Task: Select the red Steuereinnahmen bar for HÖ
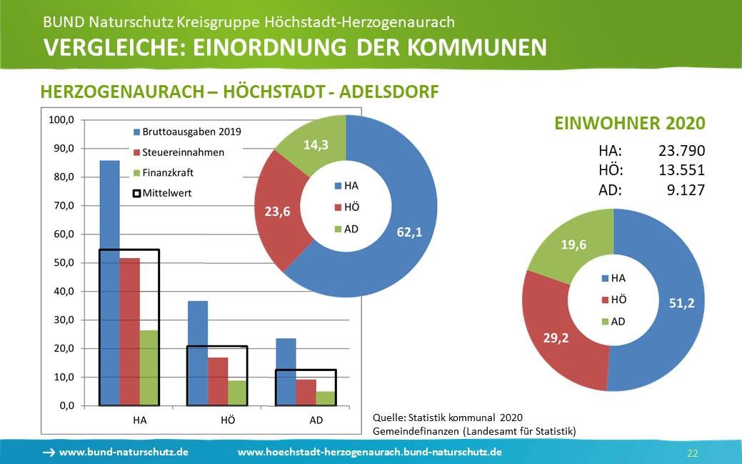pos(218,381)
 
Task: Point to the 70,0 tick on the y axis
pos(61,206)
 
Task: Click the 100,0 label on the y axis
pos(60,120)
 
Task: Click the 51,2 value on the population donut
pos(681,303)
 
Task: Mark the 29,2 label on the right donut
pos(555,337)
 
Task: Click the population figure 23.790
pos(681,151)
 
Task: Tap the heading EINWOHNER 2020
pos(630,123)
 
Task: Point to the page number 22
pos(692,453)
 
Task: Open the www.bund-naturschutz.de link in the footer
pos(124,452)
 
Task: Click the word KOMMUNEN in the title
pos(478,47)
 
